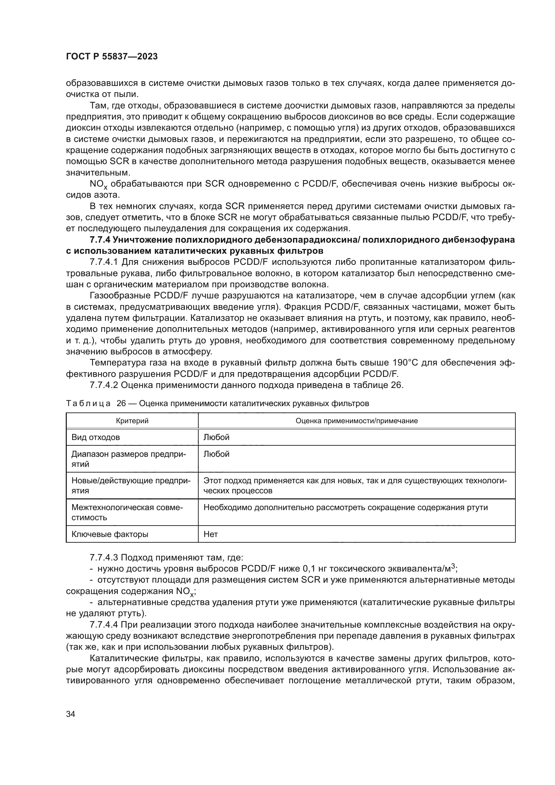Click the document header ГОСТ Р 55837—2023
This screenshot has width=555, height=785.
pos(112,57)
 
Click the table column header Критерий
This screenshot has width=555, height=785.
pos(132,421)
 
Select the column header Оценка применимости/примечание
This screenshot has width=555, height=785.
pos(356,421)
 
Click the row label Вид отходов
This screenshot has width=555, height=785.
pos(95,437)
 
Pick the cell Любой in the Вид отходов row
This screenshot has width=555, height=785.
pos(216,437)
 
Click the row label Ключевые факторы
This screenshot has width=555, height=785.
pos(110,534)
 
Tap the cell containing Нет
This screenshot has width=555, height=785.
pos(210,534)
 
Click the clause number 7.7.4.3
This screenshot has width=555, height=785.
pos(104,558)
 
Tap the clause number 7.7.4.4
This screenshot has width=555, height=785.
pos(104,625)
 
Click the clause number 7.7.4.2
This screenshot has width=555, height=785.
pos(104,385)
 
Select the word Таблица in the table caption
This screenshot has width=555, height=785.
pos(88,403)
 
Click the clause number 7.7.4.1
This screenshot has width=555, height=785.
pos(104,262)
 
